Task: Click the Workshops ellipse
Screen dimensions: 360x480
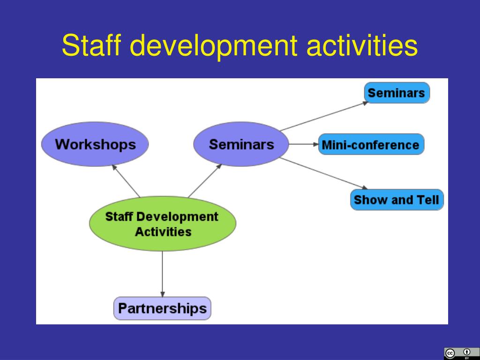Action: click(x=95, y=144)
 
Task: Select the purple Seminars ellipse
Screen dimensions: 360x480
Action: click(x=241, y=144)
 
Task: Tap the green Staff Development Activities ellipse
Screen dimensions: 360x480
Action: click(x=162, y=224)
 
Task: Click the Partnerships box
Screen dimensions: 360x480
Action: click(x=162, y=308)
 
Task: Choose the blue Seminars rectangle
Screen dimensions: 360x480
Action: click(x=397, y=92)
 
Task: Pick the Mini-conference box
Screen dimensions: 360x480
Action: click(x=370, y=144)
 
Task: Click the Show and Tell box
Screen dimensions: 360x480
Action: click(x=397, y=200)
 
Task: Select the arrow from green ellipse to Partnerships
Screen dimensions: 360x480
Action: click(x=162, y=274)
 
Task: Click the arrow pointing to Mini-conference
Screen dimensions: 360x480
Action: click(x=303, y=144)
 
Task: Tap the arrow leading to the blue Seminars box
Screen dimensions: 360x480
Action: click(x=323, y=116)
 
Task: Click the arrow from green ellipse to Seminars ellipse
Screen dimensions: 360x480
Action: click(x=205, y=180)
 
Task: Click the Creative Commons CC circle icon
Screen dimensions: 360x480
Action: click(x=450, y=353)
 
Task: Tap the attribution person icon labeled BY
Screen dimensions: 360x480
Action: click(x=466, y=352)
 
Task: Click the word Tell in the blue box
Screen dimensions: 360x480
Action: click(x=427, y=200)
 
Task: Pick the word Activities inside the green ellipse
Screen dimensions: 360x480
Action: click(x=163, y=232)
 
